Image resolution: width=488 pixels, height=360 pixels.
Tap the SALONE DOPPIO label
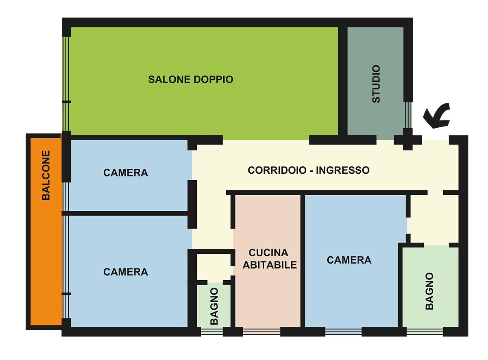190,79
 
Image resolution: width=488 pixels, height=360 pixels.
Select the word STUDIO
376,84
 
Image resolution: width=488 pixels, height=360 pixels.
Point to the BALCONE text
46,175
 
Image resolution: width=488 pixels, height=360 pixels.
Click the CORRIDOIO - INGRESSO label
309,170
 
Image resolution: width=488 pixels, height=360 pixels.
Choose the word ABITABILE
270,265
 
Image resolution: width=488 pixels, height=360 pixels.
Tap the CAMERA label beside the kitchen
349,260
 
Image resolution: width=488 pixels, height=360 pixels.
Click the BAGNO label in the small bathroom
214,306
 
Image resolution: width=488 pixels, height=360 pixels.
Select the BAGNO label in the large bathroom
429,291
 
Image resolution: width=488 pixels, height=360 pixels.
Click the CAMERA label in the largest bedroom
126,272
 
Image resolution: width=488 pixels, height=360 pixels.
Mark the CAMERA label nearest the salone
126,172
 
